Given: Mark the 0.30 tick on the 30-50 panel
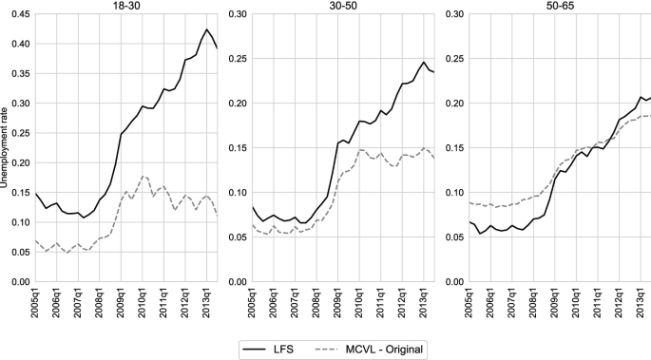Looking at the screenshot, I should pyautogui.click(x=235, y=15).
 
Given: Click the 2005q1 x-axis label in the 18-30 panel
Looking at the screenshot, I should pyautogui.click(x=36, y=306).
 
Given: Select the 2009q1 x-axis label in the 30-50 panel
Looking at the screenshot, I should pyautogui.click(x=339, y=306).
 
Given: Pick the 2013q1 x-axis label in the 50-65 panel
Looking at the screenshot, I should pyautogui.click(x=642, y=306).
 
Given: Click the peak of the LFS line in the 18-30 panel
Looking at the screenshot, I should pyautogui.click(x=207, y=29).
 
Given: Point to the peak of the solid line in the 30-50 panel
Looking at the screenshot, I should pyautogui.click(x=424, y=62).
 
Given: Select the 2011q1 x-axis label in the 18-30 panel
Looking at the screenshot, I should pyautogui.click(x=165, y=306).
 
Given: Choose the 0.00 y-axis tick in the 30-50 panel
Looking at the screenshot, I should pyautogui.click(x=235, y=282).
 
